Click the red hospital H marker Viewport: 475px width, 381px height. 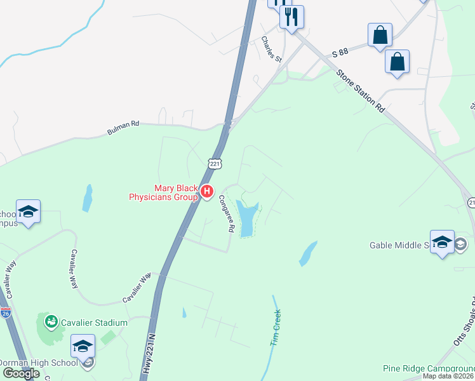(206, 191)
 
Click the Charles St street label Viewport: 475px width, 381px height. (271, 49)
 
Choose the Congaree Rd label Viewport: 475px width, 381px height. (227, 213)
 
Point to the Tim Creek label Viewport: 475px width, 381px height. (276, 328)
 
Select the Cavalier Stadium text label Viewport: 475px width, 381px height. (95, 322)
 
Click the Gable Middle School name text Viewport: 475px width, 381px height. (400, 245)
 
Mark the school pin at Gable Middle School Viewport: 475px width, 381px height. (442, 241)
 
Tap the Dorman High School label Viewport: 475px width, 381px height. (37, 363)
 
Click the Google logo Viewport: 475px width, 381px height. (21, 373)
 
